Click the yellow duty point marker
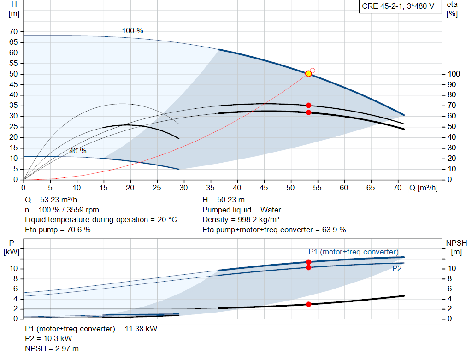(x=308, y=74)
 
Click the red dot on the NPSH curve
(x=308, y=304)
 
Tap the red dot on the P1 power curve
(x=308, y=262)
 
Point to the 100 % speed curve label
(x=132, y=31)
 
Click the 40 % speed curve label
(x=77, y=151)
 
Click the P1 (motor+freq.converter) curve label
(x=354, y=252)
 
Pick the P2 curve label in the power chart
(x=397, y=268)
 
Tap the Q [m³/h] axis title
(x=423, y=188)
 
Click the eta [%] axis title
(x=452, y=9)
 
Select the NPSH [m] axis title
(x=456, y=248)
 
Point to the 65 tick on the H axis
(x=13, y=42)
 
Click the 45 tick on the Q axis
(x=264, y=188)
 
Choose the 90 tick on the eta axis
(x=452, y=84)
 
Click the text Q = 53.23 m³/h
(x=51, y=200)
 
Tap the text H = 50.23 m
(x=224, y=200)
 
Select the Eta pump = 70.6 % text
(x=58, y=230)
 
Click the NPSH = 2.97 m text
(x=52, y=348)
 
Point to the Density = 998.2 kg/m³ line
(x=241, y=220)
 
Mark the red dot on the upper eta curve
(x=308, y=106)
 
